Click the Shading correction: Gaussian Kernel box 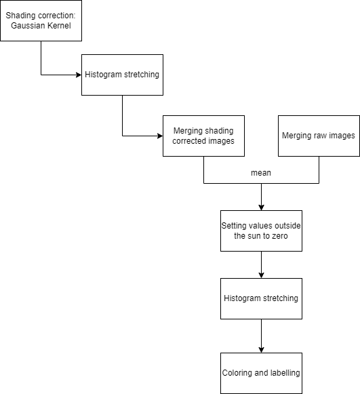pyautogui.click(x=41, y=20)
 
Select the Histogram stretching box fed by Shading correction pyautogui.click(x=122, y=75)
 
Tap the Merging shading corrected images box pyautogui.click(x=203, y=136)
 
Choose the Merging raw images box pyautogui.click(x=319, y=136)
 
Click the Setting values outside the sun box pyautogui.click(x=261, y=231)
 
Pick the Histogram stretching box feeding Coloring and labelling pyautogui.click(x=261, y=298)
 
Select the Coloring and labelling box pyautogui.click(x=261, y=373)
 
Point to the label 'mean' pyautogui.click(x=261, y=173)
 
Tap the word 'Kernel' pyautogui.click(x=60, y=26)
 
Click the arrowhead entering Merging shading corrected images pyautogui.click(x=159, y=136)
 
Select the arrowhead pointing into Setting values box pyautogui.click(x=261, y=207)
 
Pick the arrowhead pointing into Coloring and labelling pyautogui.click(x=261, y=349)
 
